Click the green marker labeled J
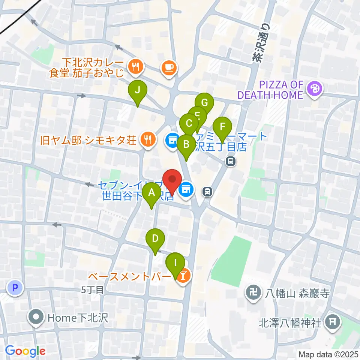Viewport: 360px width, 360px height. point(138,90)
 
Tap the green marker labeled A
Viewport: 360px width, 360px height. point(152,193)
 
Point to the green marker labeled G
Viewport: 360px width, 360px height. point(204,102)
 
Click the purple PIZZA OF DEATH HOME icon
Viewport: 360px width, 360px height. point(314,89)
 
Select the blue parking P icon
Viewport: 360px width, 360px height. point(15,288)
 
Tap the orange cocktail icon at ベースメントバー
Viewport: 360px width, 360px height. point(184,276)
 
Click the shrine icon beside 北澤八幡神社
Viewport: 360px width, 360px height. point(332,321)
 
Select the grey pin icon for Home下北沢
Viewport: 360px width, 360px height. point(36,318)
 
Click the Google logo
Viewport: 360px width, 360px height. point(25,351)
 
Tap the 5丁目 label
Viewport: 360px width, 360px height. point(92,289)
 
